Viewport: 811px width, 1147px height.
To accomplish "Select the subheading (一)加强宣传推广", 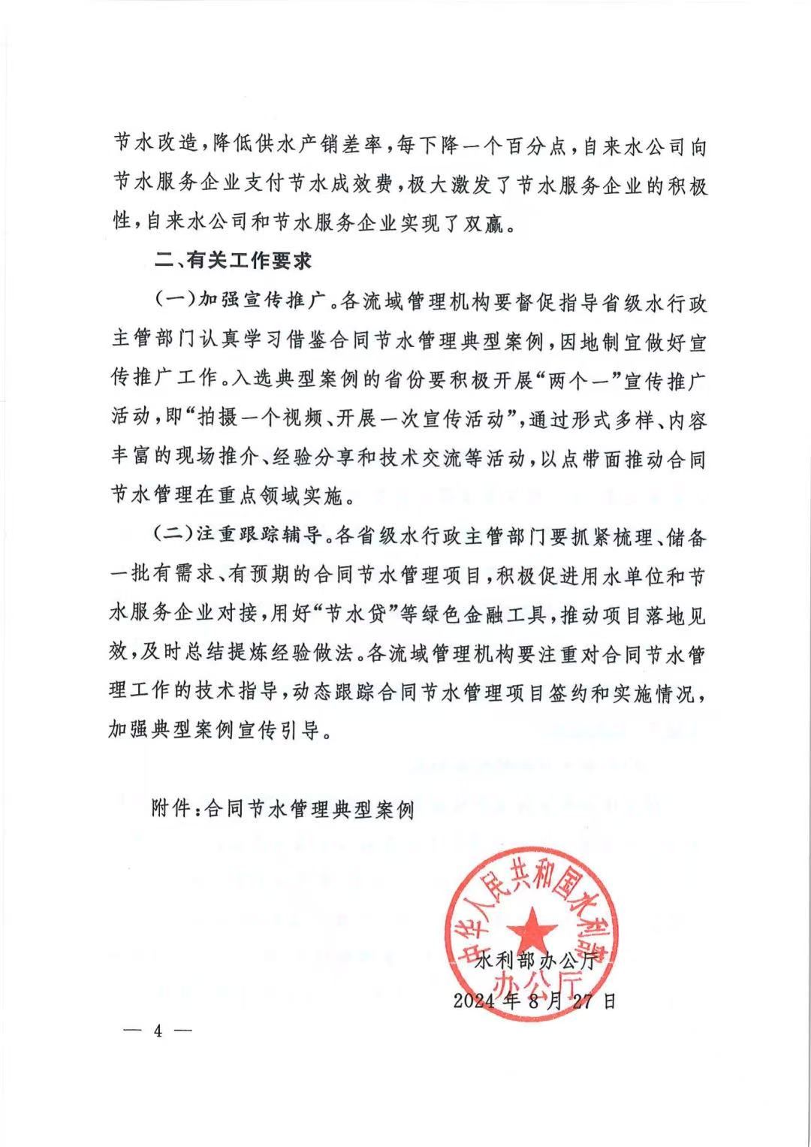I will coord(239,303).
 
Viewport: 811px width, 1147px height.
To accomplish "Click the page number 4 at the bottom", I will coord(158,1030).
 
